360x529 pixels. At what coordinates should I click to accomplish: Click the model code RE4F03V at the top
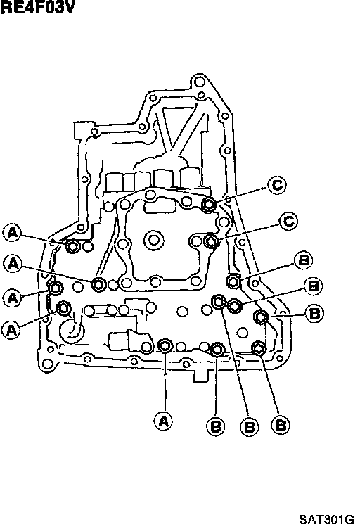[37, 7]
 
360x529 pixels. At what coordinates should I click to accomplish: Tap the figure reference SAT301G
[326, 518]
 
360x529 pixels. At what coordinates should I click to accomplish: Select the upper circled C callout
[277, 185]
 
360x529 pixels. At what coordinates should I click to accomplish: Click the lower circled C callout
[288, 222]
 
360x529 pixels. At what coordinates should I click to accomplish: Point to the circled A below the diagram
[163, 421]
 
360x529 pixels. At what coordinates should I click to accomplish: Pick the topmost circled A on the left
[12, 232]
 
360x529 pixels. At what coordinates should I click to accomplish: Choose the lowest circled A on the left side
[11, 329]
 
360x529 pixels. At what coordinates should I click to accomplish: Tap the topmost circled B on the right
[303, 260]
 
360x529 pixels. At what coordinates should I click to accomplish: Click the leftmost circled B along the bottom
[215, 426]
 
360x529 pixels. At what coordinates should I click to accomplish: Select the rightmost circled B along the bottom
[281, 425]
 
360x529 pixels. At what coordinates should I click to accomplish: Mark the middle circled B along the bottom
[249, 427]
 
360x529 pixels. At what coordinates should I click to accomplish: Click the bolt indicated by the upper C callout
[209, 205]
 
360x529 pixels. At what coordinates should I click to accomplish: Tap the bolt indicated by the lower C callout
[212, 241]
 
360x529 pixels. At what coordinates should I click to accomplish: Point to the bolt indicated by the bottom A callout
[165, 345]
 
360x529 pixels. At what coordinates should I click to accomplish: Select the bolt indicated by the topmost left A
[72, 246]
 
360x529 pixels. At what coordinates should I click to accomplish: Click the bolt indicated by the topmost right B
[233, 281]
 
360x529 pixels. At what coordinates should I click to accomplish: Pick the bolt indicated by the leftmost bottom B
[217, 350]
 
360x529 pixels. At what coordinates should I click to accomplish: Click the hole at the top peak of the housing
[199, 82]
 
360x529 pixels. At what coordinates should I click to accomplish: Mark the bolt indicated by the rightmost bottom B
[259, 348]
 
